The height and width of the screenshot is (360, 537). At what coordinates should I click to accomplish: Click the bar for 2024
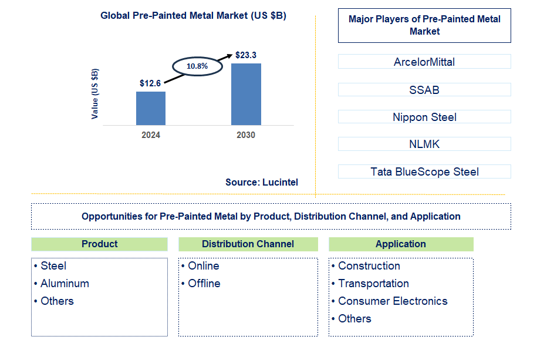(x=151, y=108)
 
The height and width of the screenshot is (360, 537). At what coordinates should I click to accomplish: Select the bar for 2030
(x=246, y=94)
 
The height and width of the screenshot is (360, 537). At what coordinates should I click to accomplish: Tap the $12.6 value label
(x=150, y=83)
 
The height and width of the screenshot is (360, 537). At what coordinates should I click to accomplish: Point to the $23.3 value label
(x=245, y=55)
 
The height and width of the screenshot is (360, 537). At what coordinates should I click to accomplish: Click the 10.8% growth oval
(x=197, y=66)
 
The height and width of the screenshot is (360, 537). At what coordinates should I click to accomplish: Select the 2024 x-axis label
(x=151, y=134)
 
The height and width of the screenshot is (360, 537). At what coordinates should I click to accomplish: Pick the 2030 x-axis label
(x=246, y=134)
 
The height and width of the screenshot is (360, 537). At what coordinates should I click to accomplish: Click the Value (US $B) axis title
(x=95, y=94)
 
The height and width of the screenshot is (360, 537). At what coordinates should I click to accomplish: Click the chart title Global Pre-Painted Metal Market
(x=193, y=16)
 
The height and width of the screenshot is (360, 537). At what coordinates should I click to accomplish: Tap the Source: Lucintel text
(x=262, y=182)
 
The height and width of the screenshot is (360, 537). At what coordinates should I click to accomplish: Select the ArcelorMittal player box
(x=424, y=62)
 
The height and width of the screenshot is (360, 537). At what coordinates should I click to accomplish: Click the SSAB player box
(x=424, y=90)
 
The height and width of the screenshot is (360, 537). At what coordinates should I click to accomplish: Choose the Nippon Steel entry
(x=424, y=117)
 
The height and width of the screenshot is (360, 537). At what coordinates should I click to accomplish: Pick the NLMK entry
(x=424, y=144)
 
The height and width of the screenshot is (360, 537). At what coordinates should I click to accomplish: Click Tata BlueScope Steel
(x=424, y=171)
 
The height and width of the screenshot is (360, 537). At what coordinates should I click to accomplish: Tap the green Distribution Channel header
(x=248, y=244)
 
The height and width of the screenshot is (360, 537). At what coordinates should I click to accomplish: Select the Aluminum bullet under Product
(x=65, y=284)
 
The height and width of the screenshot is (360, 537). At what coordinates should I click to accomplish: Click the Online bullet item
(x=203, y=266)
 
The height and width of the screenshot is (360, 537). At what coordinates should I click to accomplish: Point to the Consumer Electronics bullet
(x=393, y=301)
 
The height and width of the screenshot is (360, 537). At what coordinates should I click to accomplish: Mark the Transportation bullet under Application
(x=373, y=284)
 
